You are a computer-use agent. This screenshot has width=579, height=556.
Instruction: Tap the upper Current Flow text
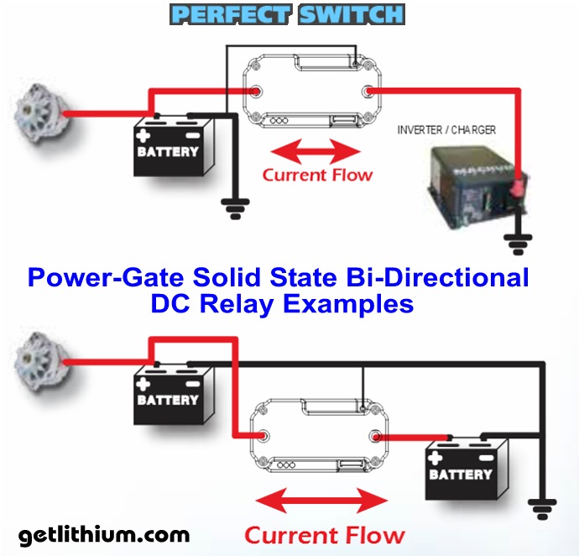(x=317, y=176)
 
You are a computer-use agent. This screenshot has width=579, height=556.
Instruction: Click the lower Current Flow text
(x=324, y=534)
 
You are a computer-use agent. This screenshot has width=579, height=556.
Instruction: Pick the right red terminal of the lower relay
(x=378, y=438)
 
